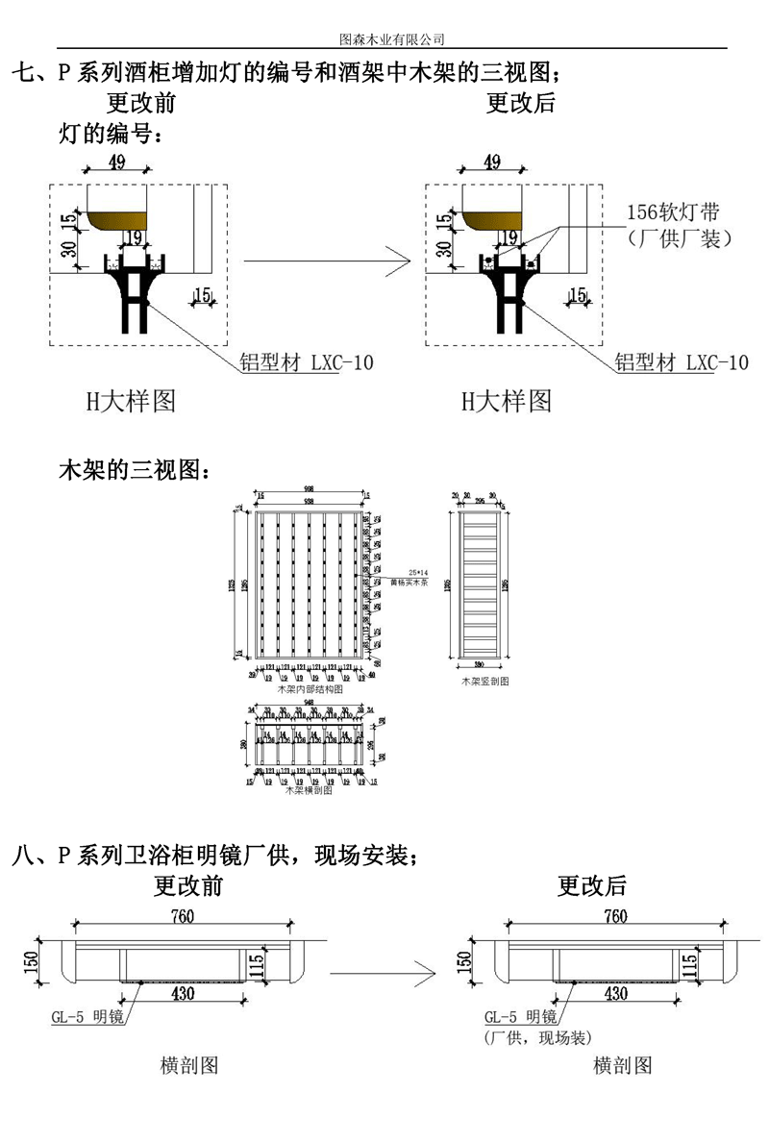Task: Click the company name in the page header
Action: pos(392,39)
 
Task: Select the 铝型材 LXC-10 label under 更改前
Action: pos(307,362)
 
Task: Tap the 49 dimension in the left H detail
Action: pos(117,162)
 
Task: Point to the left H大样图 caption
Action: pos(131,401)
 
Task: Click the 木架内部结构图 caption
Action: pos(310,689)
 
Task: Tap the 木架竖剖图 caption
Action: pos(484,681)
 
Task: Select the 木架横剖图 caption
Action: pos(309,791)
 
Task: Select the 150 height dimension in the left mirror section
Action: pos(31,959)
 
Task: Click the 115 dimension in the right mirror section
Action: pos(688,961)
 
